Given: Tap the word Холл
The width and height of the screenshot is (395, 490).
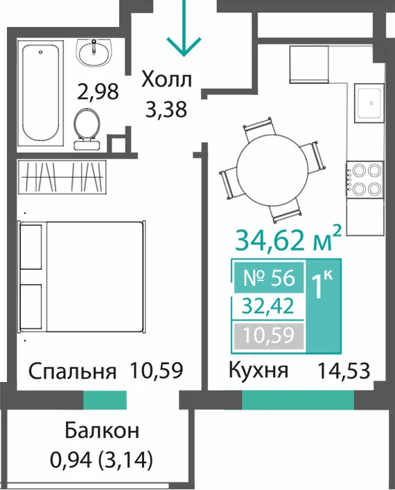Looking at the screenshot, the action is [166, 80].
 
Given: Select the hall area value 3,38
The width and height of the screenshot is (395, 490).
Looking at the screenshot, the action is [166, 109].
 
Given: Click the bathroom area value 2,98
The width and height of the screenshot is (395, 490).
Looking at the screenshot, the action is [98, 91].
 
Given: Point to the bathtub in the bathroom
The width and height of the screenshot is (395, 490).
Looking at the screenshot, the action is [41, 93].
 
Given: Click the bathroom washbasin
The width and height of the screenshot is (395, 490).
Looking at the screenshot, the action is [94, 53].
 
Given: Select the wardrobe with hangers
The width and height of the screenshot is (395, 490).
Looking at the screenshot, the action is [62, 176].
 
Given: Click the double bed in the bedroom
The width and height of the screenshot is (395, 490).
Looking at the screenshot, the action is [82, 277].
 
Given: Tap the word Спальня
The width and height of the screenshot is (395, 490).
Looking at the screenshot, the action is [72, 371].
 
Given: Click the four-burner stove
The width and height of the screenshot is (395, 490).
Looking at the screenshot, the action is [365, 179].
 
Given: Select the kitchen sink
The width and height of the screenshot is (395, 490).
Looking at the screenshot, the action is [369, 103].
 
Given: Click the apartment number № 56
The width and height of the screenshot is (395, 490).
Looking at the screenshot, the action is [269, 278].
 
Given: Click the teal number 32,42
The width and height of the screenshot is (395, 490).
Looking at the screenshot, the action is [269, 306].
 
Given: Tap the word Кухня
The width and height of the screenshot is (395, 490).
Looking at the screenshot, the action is [258, 371].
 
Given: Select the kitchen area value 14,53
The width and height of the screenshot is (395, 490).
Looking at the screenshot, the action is [344, 371].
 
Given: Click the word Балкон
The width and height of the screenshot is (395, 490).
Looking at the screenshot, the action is [102, 430].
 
